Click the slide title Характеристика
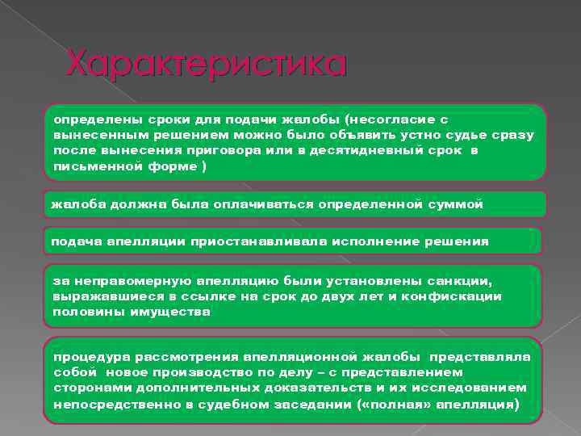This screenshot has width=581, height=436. coord(206,64)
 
